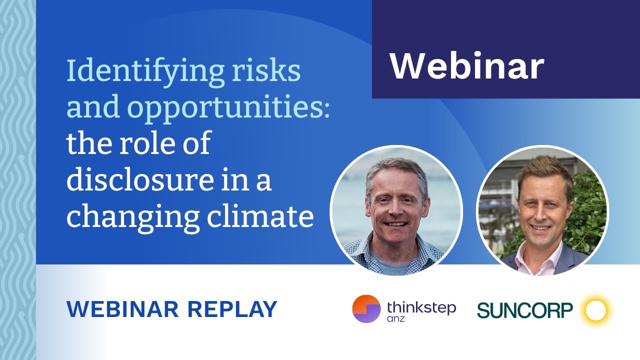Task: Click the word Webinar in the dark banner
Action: click(466, 66)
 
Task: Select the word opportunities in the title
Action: click(225, 108)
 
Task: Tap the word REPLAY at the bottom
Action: click(232, 309)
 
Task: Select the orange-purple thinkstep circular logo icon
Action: click(366, 309)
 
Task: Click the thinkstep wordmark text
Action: click(421, 306)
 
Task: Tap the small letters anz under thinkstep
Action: click(396, 319)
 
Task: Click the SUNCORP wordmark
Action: click(524, 310)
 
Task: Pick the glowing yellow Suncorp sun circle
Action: click(595, 310)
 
